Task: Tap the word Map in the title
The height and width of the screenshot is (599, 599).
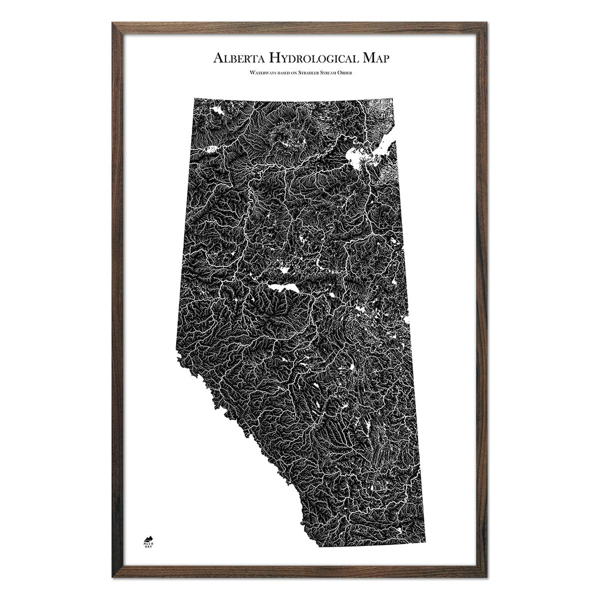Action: click(x=372, y=57)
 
